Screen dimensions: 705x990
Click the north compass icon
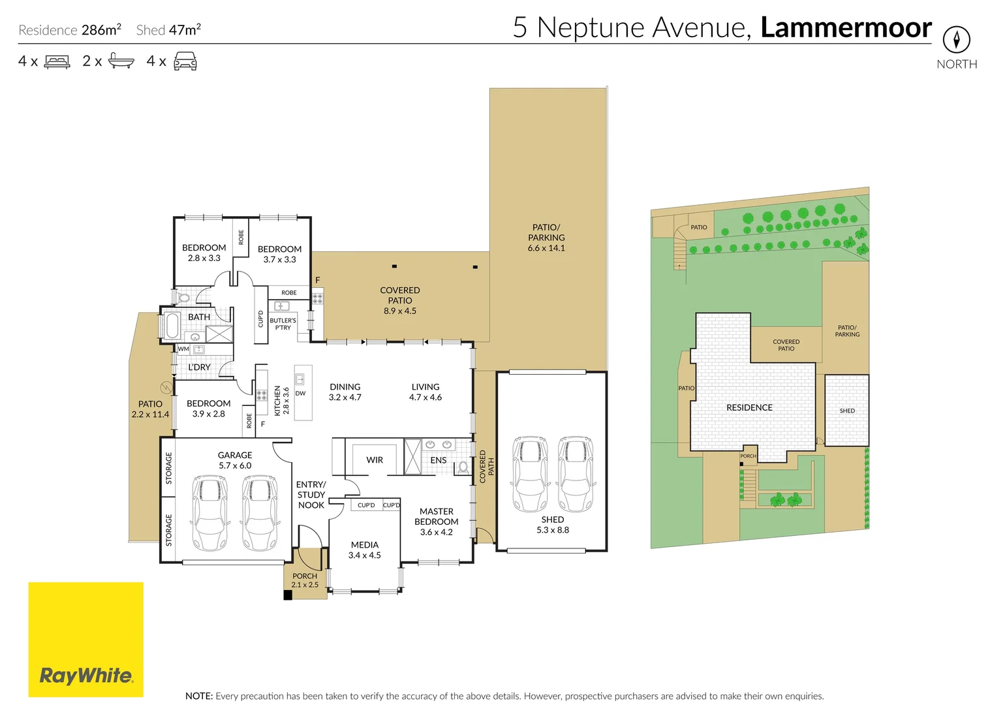956,40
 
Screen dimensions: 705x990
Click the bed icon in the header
57,61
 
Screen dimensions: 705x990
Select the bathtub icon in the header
121,61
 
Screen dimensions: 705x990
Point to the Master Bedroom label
436,516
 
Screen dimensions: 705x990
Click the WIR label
375,460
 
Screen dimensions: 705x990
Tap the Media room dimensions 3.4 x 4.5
364,556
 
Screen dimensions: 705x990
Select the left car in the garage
209,512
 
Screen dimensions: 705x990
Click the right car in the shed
575,474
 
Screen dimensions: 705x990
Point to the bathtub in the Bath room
172,325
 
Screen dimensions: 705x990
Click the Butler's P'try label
283,324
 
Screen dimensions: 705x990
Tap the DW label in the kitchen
300,394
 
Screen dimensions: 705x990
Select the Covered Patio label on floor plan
400,295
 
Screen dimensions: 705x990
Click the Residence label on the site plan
749,407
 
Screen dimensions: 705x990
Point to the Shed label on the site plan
847,411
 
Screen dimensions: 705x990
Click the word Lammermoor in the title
846,28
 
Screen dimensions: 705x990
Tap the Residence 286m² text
70,30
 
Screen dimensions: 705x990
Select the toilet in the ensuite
463,467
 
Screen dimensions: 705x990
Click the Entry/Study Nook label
311,495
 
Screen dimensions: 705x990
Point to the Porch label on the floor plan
305,576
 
